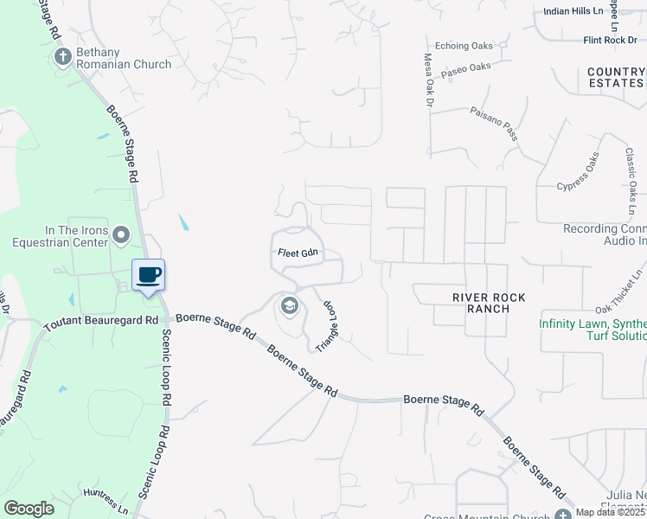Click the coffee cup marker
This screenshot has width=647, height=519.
pyautogui.click(x=148, y=275)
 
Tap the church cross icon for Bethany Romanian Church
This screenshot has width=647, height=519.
pyautogui.click(x=62, y=57)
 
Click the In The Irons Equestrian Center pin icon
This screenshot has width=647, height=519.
pyautogui.click(x=120, y=234)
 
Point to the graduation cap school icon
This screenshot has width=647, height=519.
pyautogui.click(x=289, y=305)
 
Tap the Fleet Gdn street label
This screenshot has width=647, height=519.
pyautogui.click(x=298, y=253)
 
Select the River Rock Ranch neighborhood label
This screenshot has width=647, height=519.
pyautogui.click(x=489, y=303)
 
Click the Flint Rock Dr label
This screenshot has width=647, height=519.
pyautogui.click(x=610, y=40)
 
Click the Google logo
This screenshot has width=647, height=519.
pyautogui.click(x=29, y=509)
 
